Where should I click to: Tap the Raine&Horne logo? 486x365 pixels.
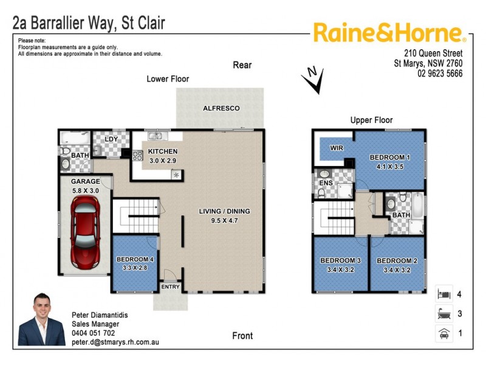389,33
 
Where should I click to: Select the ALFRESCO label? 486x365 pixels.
221,108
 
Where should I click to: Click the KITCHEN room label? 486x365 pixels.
163,151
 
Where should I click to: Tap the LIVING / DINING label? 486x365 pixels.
224,212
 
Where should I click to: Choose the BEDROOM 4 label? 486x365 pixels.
135,260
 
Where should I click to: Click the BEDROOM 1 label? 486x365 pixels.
390,158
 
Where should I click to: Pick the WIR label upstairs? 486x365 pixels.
337,148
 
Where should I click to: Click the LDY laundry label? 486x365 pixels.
111,139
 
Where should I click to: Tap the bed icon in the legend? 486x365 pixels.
443,294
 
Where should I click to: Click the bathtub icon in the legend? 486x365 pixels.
443,314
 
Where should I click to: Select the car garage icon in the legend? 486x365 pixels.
443,333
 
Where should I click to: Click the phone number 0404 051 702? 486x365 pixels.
93,333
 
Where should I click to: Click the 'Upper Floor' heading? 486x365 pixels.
371,120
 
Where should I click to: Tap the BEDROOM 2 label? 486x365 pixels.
397,261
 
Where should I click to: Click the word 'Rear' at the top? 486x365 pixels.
242,65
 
